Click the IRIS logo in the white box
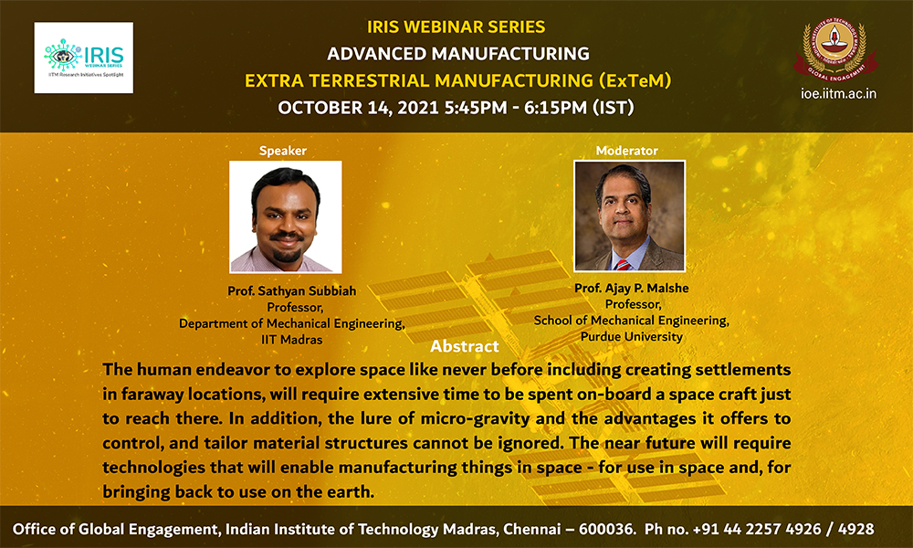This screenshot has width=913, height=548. pyautogui.click(x=84, y=58)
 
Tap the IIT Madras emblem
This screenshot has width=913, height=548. pyautogui.click(x=834, y=50)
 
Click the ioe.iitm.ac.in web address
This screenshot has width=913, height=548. pyautogui.click(x=838, y=94)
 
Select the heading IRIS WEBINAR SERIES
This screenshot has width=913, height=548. pyautogui.click(x=456, y=26)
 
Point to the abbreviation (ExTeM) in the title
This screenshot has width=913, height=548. pyautogui.click(x=635, y=80)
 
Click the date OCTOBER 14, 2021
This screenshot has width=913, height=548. pyautogui.click(x=358, y=108)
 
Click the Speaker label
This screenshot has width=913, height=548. pyautogui.click(x=282, y=151)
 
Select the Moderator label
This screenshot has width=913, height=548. pyautogui.click(x=626, y=151)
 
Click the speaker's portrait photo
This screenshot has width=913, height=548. pyautogui.click(x=285, y=216)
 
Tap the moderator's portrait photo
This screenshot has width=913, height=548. pyautogui.click(x=629, y=216)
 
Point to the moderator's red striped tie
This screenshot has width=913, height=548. pyautogui.click(x=623, y=265)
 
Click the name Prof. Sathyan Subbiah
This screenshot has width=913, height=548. pyautogui.click(x=292, y=290)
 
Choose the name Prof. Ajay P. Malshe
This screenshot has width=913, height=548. pyautogui.click(x=632, y=288)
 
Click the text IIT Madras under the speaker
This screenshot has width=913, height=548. pyautogui.click(x=292, y=340)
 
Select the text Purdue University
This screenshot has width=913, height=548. pyautogui.click(x=632, y=337)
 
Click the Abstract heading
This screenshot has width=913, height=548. pyautogui.click(x=464, y=346)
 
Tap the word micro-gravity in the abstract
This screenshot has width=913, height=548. pyautogui.click(x=475, y=418)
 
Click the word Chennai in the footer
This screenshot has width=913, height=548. pyautogui.click(x=531, y=529)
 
